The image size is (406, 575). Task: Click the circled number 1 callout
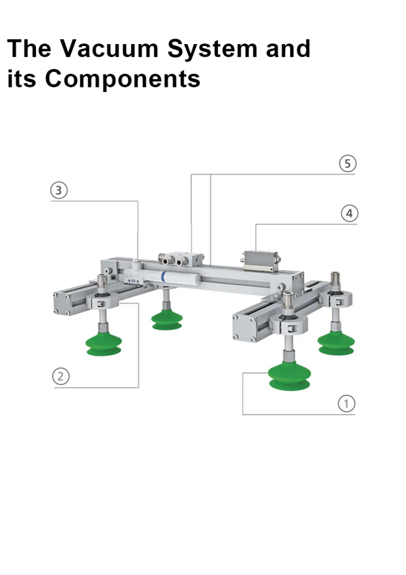tap(346, 404)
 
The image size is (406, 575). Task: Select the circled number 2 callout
tap(62, 377)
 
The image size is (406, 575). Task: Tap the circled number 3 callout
tap(60, 190)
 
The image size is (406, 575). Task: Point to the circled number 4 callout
tap(348, 213)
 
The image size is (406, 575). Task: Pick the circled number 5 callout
tap(346, 164)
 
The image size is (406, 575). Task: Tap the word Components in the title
tap(122, 79)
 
